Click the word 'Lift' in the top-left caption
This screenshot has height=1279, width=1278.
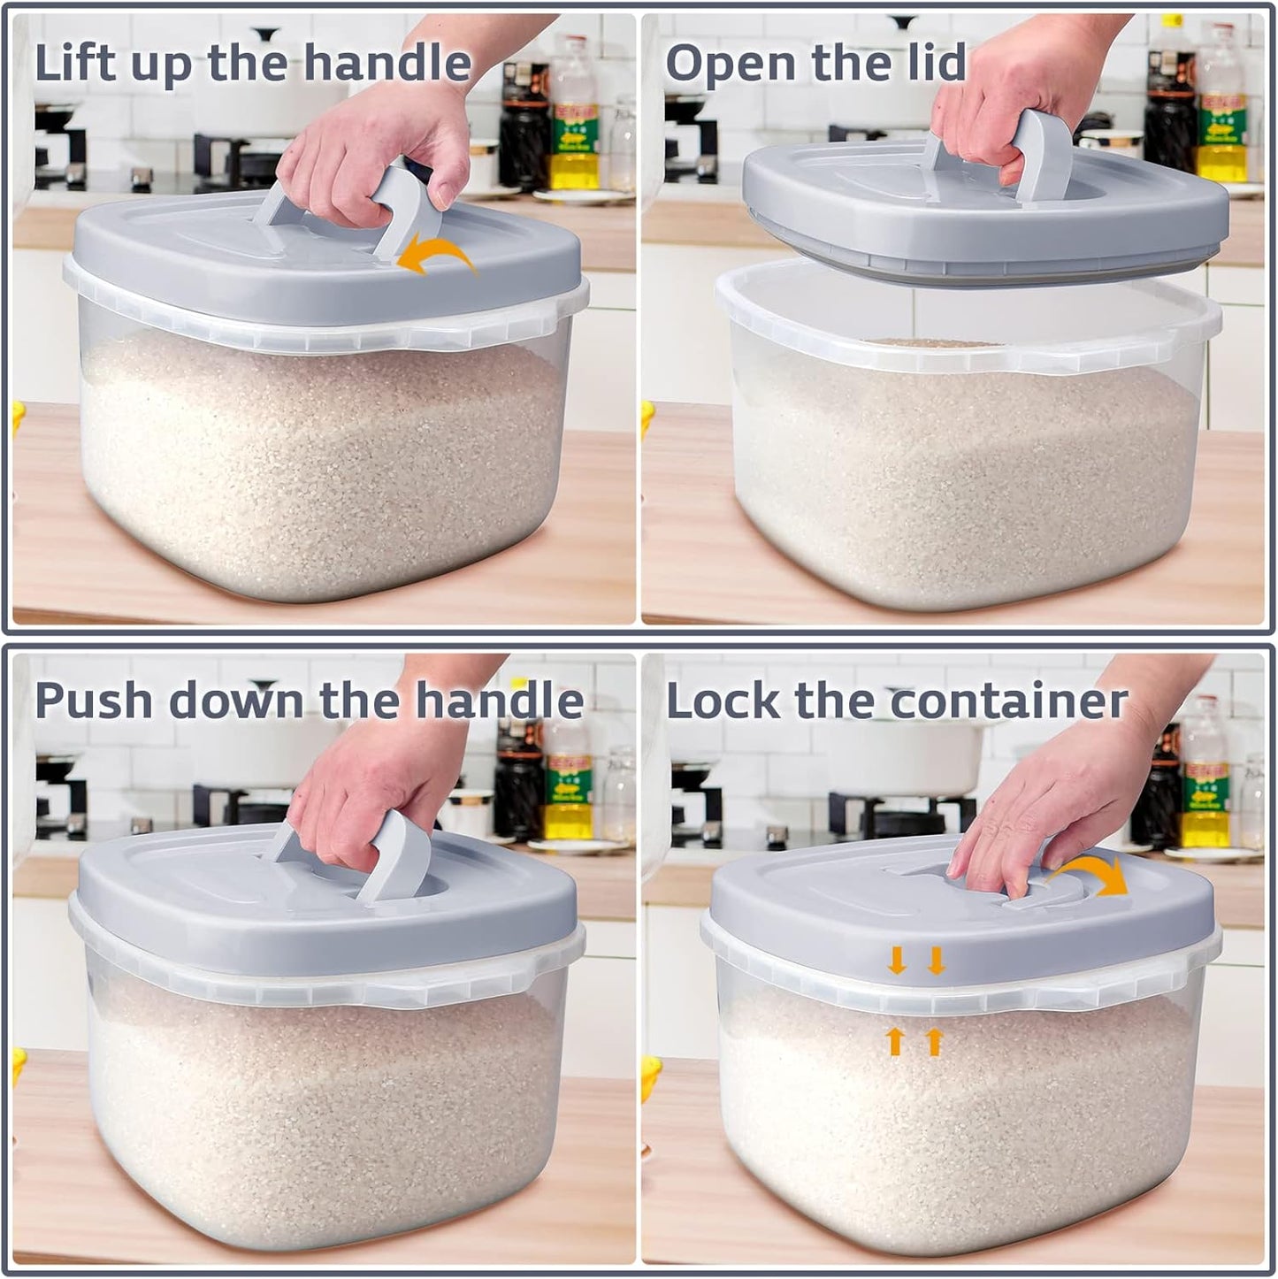point(76,64)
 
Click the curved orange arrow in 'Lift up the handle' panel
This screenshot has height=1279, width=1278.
point(437,257)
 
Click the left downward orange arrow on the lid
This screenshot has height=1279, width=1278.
point(897,961)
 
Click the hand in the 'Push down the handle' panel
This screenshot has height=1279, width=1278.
point(371,778)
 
